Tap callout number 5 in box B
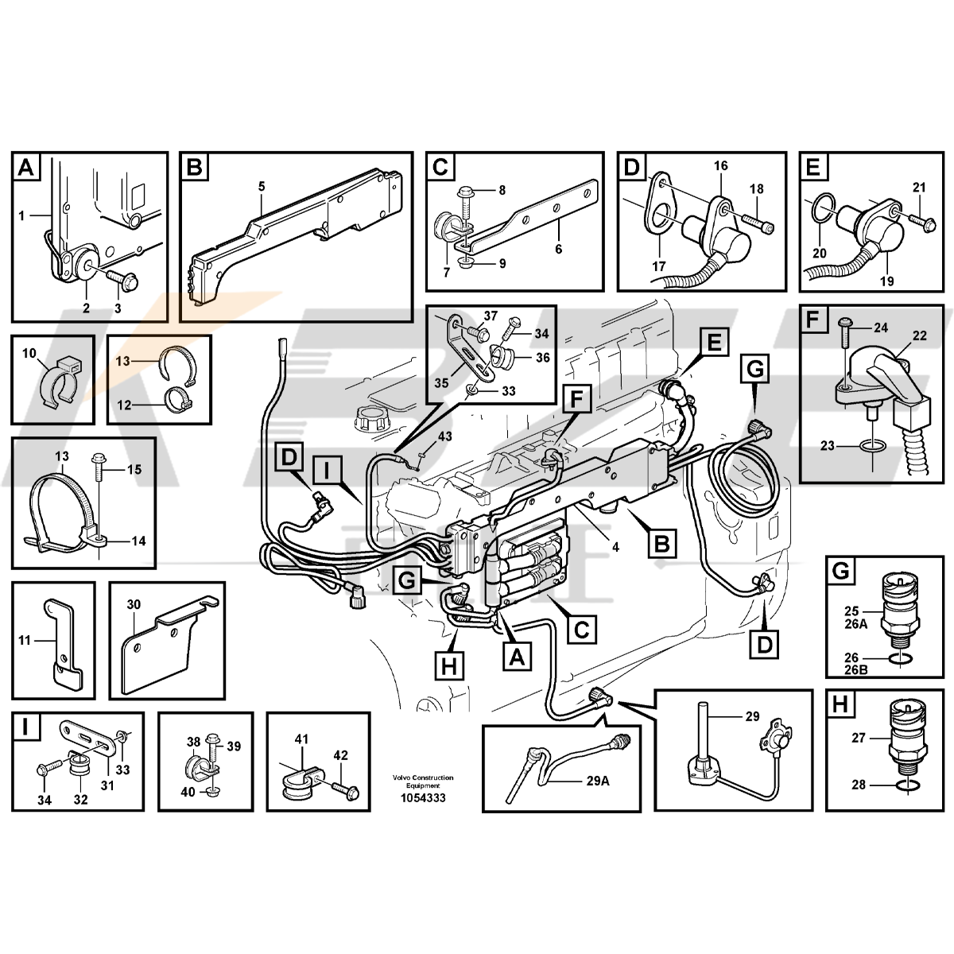point(262,186)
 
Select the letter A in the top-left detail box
point(27,168)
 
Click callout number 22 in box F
point(920,336)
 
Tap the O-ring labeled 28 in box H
point(904,785)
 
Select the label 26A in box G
point(856,624)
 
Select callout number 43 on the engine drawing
point(445,436)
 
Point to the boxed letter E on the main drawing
point(714,343)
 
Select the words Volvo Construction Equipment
point(423,781)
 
